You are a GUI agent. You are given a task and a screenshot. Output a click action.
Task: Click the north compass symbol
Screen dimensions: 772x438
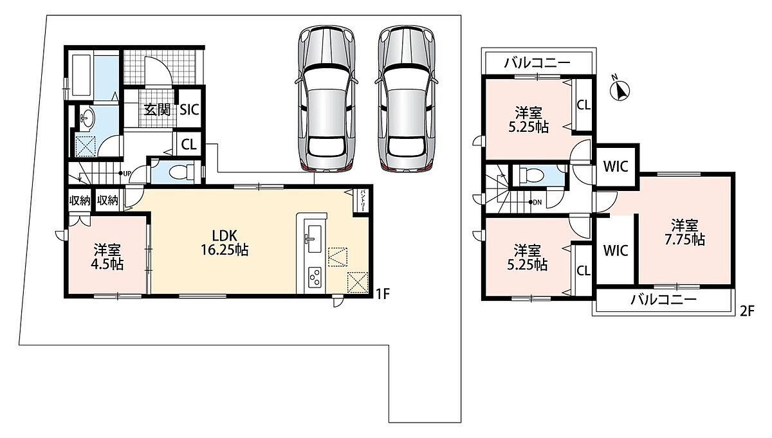pyautogui.click(x=620, y=90)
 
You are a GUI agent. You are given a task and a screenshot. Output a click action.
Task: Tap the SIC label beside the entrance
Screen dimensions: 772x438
pyautogui.click(x=190, y=110)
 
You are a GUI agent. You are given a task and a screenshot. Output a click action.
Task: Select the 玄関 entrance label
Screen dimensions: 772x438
pyautogui.click(x=158, y=110)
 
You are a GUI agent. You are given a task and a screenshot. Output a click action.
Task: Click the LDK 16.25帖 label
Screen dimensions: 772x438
pyautogui.click(x=225, y=243)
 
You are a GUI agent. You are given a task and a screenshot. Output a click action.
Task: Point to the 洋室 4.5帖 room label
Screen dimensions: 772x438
pyautogui.click(x=107, y=257)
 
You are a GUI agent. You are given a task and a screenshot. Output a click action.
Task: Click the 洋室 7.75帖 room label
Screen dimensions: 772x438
pyautogui.click(x=685, y=232)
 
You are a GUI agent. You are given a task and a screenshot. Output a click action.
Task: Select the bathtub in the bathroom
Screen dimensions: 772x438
pyautogui.click(x=81, y=75)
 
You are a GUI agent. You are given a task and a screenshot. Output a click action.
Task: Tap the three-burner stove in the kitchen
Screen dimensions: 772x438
pyautogui.click(x=315, y=277)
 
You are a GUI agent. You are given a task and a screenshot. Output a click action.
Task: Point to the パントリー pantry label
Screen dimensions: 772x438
pyautogui.click(x=363, y=200)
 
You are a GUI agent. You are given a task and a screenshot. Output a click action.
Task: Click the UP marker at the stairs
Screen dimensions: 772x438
pyautogui.click(x=127, y=174)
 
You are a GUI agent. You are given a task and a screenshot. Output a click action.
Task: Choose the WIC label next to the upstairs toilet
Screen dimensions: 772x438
pyautogui.click(x=616, y=167)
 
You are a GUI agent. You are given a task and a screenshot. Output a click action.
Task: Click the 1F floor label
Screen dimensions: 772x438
pyautogui.click(x=382, y=294)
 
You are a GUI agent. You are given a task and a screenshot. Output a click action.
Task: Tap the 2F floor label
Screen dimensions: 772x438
pyautogui.click(x=747, y=311)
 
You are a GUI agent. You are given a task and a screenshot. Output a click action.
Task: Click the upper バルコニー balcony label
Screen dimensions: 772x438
pyautogui.click(x=538, y=63)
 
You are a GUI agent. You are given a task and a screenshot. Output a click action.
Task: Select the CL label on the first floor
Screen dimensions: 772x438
pyautogui.click(x=189, y=145)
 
